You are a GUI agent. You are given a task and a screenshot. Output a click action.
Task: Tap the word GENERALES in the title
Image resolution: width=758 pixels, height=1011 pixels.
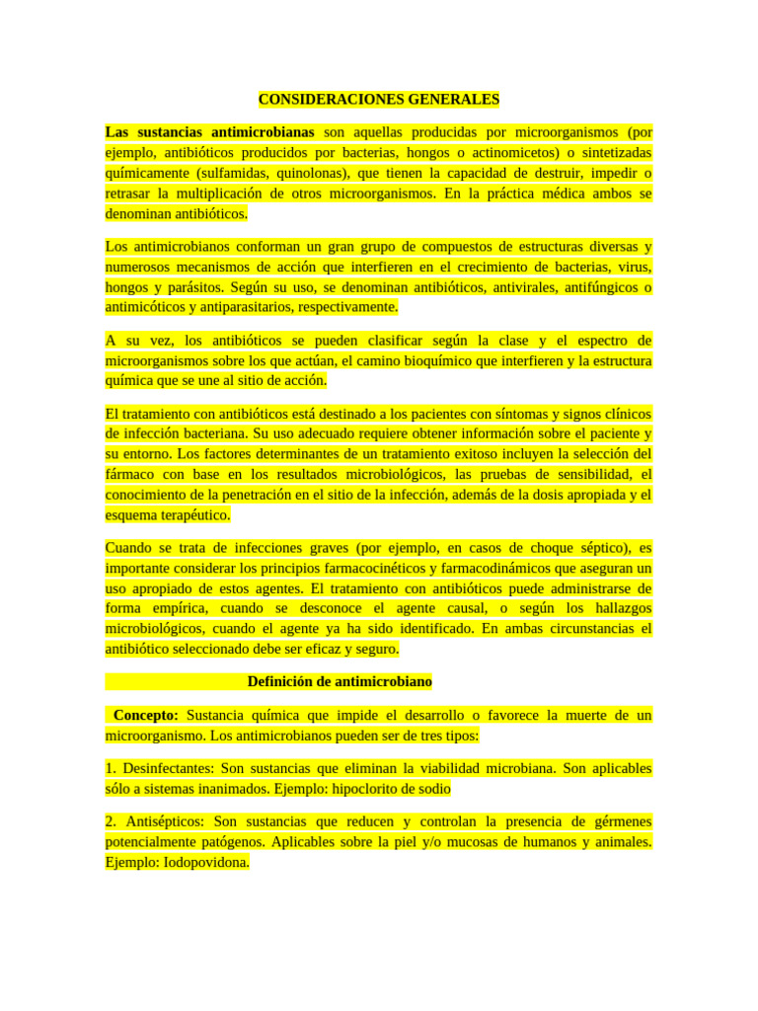451,100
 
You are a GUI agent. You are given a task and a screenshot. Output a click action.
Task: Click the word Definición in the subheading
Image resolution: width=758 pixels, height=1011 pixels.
284,681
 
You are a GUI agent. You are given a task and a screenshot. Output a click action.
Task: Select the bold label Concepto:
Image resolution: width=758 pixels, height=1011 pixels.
146,715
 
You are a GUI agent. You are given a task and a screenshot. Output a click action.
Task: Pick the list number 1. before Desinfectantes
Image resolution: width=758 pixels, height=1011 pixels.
112,768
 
